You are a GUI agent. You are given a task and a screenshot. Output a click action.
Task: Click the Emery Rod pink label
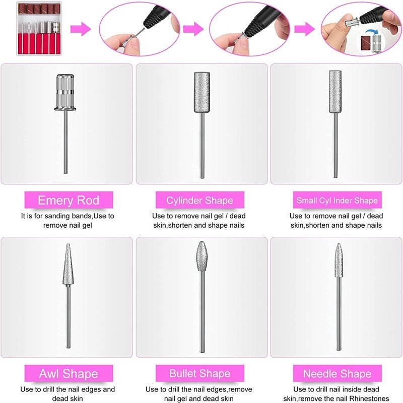(69, 200)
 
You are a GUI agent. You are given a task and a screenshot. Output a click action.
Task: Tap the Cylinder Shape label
(199, 200)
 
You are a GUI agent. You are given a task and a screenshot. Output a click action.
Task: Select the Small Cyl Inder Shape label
(337, 200)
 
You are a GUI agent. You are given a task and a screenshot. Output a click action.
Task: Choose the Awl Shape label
(69, 373)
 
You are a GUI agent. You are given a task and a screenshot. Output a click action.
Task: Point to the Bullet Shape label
(199, 373)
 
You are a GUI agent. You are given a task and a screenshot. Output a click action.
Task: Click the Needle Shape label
(337, 373)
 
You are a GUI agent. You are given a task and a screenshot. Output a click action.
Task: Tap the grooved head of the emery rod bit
(65, 93)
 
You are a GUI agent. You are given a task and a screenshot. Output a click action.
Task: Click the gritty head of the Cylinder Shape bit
(202, 92)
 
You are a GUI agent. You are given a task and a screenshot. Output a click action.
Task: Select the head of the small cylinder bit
(335, 92)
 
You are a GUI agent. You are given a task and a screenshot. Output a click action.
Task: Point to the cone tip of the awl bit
(68, 264)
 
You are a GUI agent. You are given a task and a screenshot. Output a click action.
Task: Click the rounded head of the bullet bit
(202, 256)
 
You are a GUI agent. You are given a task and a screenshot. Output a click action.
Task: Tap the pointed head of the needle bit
(339, 260)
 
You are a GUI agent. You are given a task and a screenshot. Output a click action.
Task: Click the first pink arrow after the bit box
(81, 29)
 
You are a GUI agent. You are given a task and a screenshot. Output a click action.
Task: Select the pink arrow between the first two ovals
(193, 29)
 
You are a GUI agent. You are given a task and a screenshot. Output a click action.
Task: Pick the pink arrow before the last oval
(305, 29)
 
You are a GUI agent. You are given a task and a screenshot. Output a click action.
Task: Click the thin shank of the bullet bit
(203, 311)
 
